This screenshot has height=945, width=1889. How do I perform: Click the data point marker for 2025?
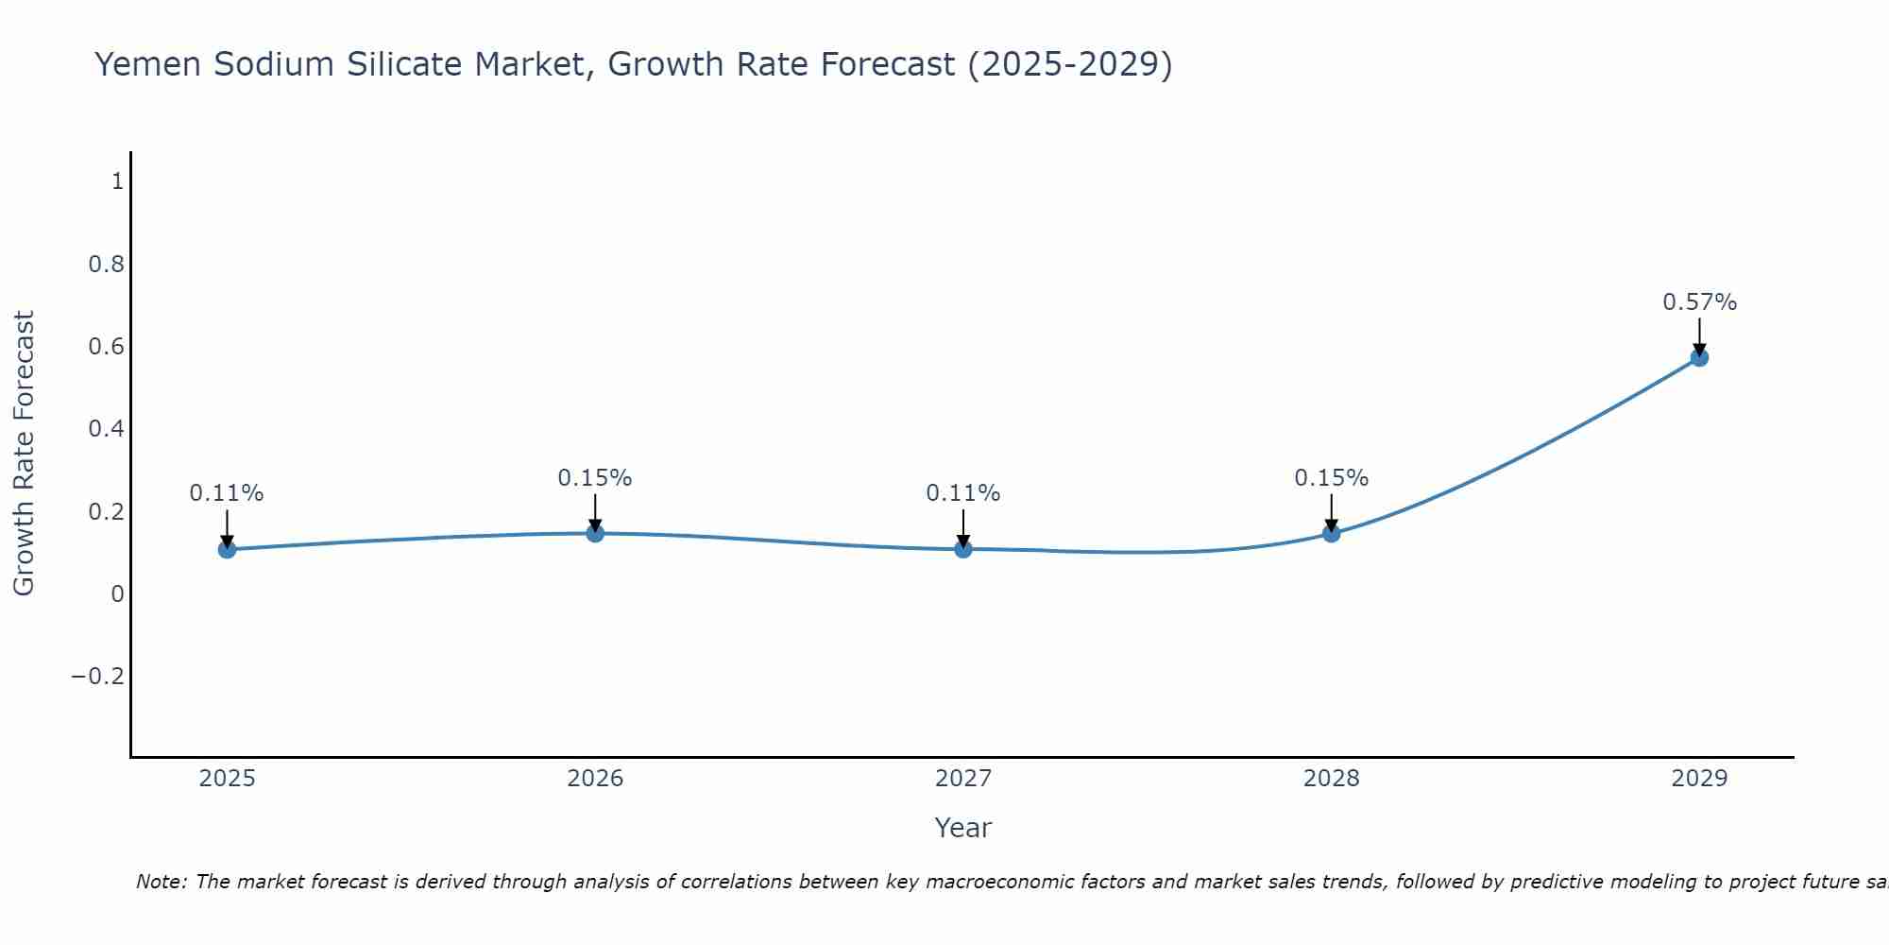tap(227, 549)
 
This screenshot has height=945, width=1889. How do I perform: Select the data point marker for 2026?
tap(595, 533)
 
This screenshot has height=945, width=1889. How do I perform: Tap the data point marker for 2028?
tap(1331, 533)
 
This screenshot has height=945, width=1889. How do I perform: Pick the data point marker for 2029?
tap(1699, 357)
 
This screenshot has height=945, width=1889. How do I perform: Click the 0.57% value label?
tap(1699, 302)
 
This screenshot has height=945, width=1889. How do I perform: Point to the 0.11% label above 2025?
tap(227, 493)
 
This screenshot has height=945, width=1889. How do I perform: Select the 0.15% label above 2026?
tap(595, 478)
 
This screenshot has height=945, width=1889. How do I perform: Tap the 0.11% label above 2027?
tap(962, 493)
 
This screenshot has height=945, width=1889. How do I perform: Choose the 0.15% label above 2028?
tap(1331, 478)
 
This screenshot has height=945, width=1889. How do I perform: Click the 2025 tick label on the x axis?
tap(227, 779)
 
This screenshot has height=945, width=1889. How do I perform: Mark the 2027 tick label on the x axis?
tap(962, 779)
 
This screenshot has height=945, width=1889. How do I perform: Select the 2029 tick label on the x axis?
tap(1699, 779)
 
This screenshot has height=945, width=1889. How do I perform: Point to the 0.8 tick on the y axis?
tap(107, 264)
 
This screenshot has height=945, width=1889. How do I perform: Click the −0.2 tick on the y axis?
tap(97, 677)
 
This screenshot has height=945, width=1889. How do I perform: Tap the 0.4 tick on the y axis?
tap(107, 429)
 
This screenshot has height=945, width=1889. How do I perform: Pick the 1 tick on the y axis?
tap(117, 181)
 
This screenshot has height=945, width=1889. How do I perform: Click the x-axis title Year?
tap(962, 828)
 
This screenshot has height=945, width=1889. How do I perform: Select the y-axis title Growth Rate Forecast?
tap(24, 454)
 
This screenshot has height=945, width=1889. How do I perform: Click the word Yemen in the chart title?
tap(148, 64)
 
